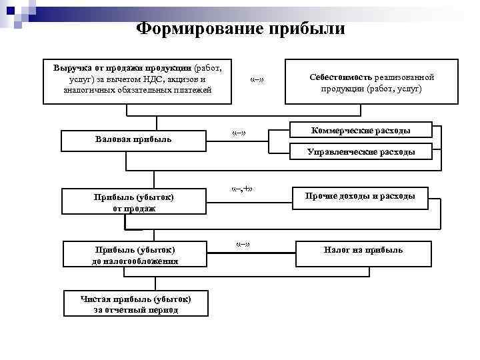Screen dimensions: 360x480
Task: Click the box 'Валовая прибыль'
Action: pyautogui.click(x=133, y=139)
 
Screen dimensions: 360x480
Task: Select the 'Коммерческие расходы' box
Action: pyautogui.click(x=361, y=129)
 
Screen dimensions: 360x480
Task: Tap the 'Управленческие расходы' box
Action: pyautogui.click(x=361, y=152)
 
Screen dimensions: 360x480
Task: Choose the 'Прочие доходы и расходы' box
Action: pyautogui.click(x=360, y=196)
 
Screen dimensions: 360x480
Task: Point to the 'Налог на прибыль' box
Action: pyautogui.click(x=363, y=250)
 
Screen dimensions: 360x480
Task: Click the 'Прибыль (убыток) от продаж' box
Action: pyautogui.click(x=134, y=202)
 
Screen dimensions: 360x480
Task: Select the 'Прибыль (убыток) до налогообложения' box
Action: pyautogui.click(x=134, y=255)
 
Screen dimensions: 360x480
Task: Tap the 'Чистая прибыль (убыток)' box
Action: pyautogui.click(x=135, y=304)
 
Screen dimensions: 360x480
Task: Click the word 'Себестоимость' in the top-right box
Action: pyautogui.click(x=342, y=77)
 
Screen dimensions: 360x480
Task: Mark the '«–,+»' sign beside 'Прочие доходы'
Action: pyautogui.click(x=241, y=189)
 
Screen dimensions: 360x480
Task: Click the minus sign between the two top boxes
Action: pyautogui.click(x=257, y=81)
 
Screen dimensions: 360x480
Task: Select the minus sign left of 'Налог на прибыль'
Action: pyautogui.click(x=243, y=244)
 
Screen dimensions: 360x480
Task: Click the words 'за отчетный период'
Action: pyautogui.click(x=135, y=310)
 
